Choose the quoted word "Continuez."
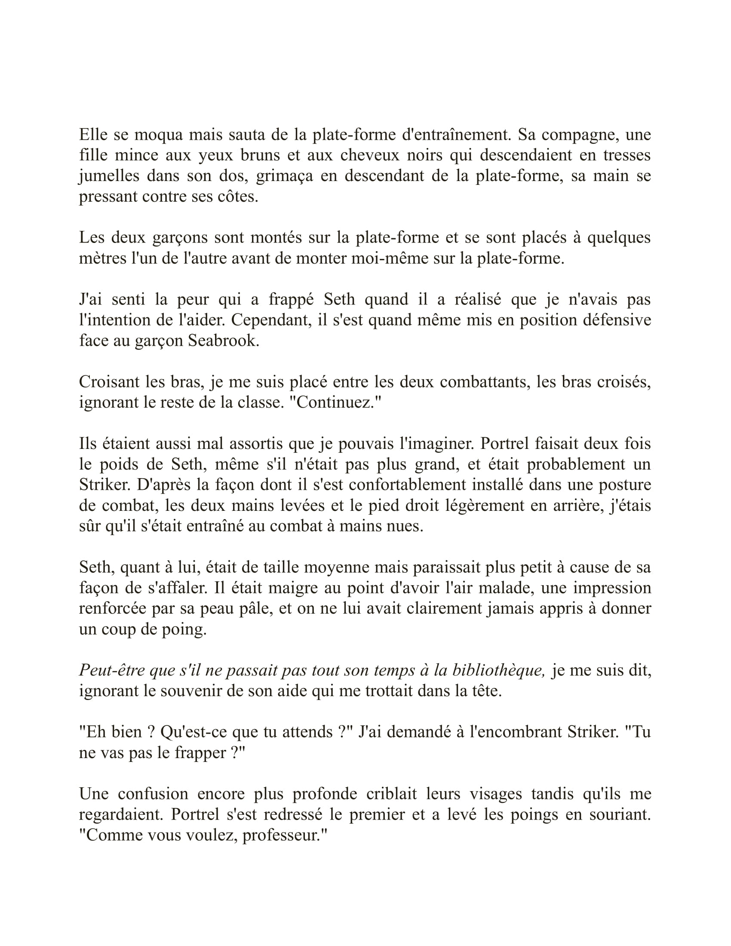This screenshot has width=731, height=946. coord(336,403)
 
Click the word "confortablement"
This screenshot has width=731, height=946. coord(406,485)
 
